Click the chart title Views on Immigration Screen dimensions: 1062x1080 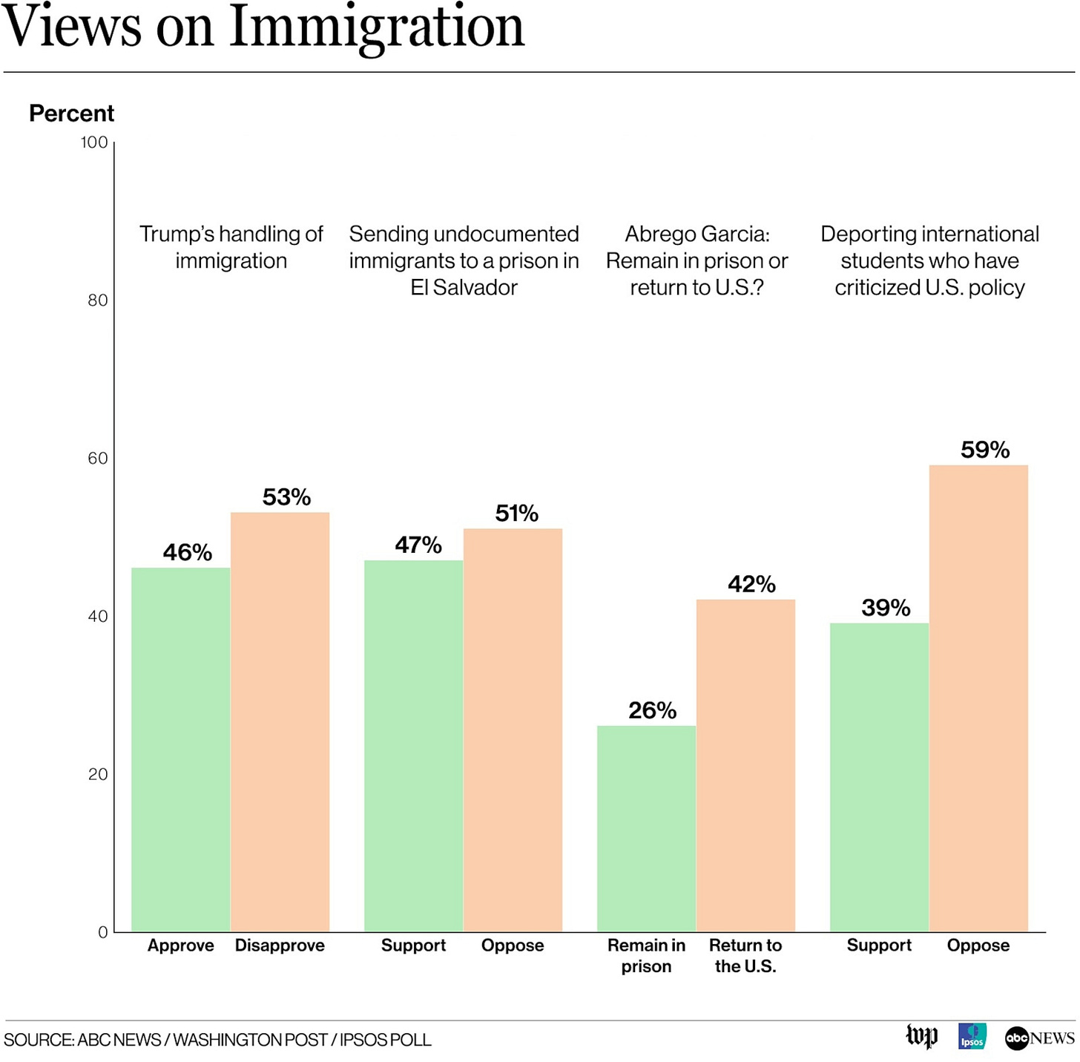263,27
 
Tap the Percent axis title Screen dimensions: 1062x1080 71,114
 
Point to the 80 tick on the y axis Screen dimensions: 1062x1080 97,301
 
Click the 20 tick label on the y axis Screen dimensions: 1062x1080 97,774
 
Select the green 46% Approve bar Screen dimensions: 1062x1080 180,750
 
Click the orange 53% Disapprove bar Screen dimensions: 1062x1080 280,721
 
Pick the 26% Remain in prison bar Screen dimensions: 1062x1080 646,828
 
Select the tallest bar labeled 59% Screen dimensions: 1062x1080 978,698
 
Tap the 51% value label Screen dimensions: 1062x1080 516,514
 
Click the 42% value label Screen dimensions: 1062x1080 751,584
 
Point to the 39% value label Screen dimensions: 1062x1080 886,608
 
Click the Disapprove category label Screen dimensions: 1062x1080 280,945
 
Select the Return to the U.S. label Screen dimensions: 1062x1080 745,956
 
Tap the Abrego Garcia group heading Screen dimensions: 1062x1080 697,260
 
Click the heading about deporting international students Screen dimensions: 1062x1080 929,260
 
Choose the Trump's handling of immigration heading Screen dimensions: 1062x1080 231,247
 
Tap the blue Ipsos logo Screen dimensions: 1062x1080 972,1036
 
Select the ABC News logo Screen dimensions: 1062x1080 1039,1038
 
